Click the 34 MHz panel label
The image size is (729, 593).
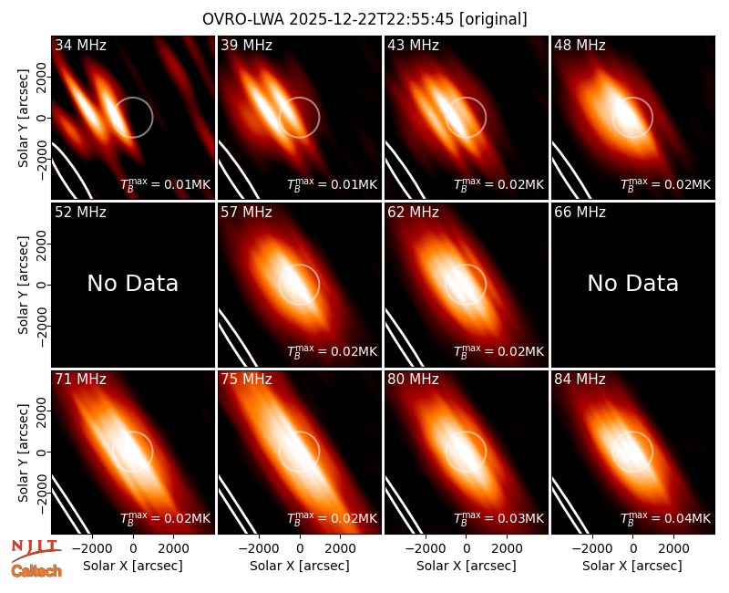[80, 45]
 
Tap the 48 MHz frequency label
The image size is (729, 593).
[580, 45]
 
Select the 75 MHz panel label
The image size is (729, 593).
[246, 379]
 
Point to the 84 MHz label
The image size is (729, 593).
[580, 379]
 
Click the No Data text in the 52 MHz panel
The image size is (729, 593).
[132, 283]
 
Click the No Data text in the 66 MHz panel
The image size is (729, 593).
[632, 283]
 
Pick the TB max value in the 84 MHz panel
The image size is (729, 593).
[665, 518]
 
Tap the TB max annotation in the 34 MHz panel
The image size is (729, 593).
[166, 184]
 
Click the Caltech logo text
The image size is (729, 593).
[36, 571]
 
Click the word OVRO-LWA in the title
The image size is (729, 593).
[243, 19]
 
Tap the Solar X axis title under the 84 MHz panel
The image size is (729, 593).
[632, 566]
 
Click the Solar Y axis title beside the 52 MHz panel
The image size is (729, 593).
[24, 285]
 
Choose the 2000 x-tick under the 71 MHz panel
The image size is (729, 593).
[173, 548]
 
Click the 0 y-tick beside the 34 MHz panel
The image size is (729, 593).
[42, 118]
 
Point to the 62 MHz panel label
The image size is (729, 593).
[413, 213]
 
